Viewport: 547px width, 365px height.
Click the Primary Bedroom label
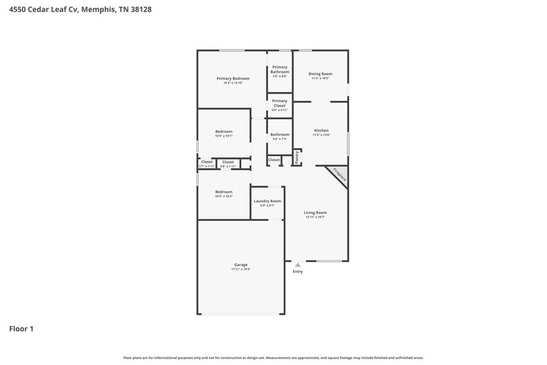pos(233,78)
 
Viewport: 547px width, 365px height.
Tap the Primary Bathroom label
pos(280,70)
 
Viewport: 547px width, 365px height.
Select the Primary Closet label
pos(280,103)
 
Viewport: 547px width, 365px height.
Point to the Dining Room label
pos(320,74)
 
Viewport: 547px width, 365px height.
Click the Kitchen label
pos(321,130)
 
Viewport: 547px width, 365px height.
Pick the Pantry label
pos(297,158)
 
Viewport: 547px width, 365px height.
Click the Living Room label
pos(315,213)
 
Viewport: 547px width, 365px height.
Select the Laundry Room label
pos(267,201)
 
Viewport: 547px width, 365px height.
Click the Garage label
pos(241,264)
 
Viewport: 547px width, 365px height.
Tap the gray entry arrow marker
pos(298,265)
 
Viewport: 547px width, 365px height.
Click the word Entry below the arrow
pos(298,272)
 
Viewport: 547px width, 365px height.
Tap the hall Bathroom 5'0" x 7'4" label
pos(280,135)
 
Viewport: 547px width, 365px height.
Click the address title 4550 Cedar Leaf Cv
pos(80,9)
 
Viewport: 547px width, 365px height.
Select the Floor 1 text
pos(21,328)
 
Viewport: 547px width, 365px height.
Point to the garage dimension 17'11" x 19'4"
pos(241,269)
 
